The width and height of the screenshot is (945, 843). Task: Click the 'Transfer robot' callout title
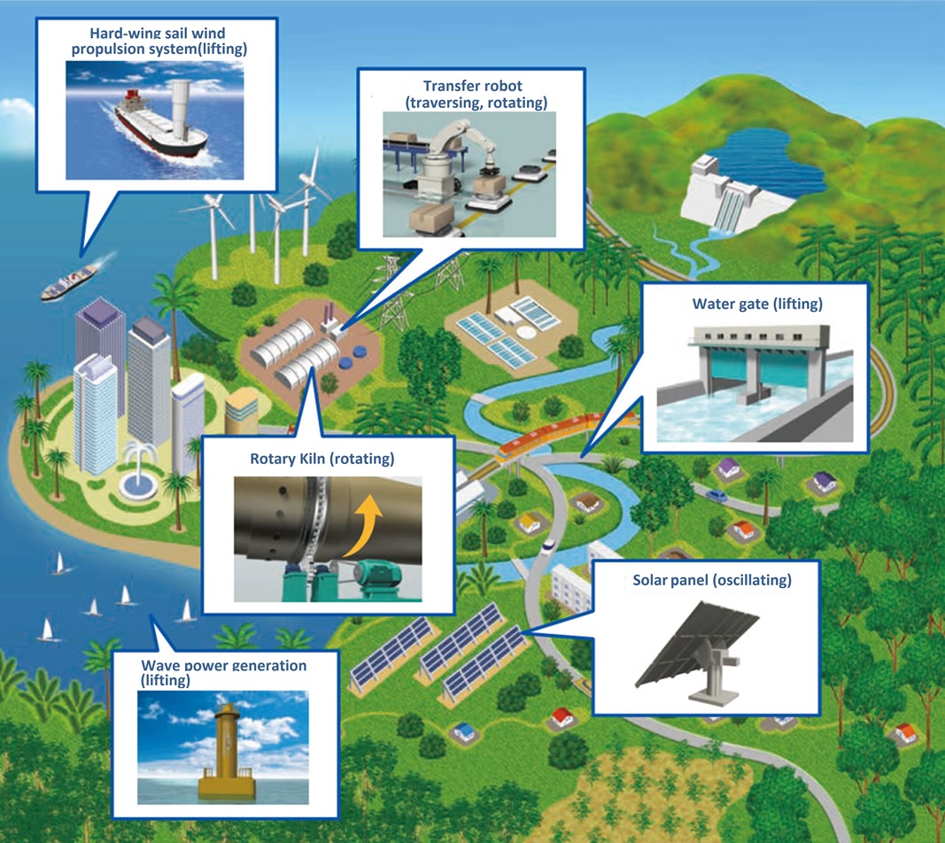pos(472,86)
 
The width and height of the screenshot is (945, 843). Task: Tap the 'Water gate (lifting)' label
pos(757,305)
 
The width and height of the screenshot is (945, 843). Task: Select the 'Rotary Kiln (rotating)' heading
pos(321,460)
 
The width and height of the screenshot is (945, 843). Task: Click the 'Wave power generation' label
pos(224,665)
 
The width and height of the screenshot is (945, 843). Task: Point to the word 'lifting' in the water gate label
pos(797,305)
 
